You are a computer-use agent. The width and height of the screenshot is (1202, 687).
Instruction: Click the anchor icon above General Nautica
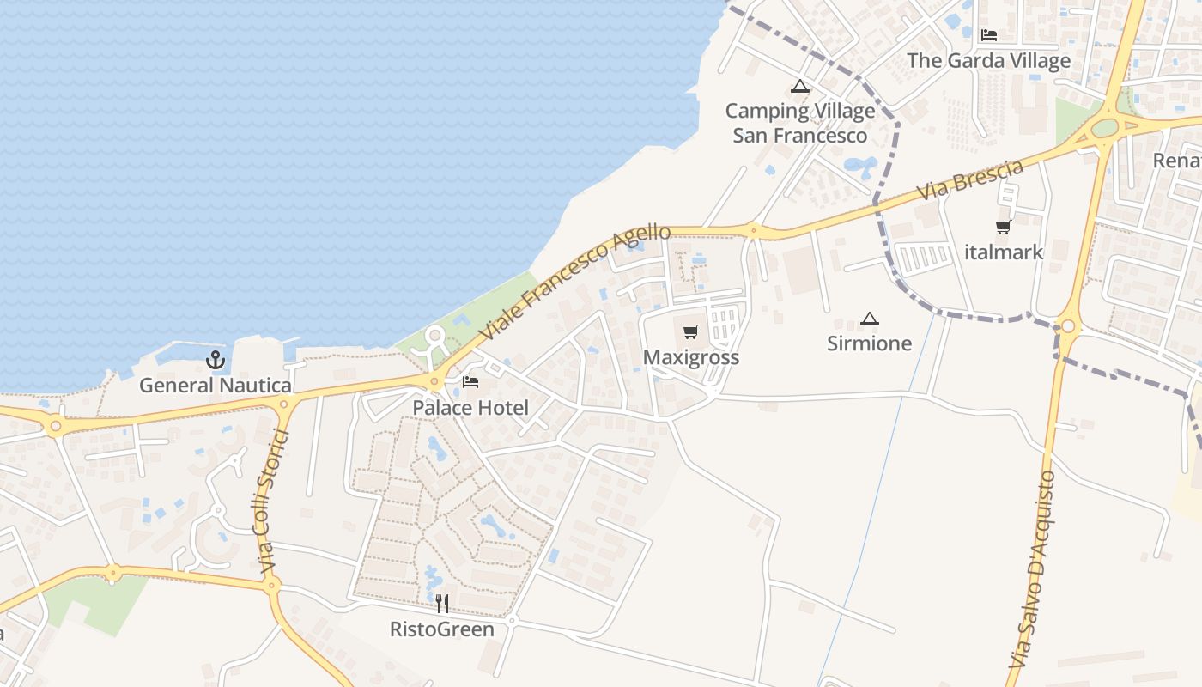pos(216,360)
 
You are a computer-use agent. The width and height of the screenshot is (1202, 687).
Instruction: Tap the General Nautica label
pos(216,386)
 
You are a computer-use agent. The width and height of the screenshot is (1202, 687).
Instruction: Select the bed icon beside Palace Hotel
pos(470,382)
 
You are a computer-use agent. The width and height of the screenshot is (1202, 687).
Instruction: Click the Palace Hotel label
pos(470,407)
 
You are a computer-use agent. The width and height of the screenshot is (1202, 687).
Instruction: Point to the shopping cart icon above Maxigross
pos(691,332)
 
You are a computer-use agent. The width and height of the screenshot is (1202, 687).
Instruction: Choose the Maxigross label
pos(691,357)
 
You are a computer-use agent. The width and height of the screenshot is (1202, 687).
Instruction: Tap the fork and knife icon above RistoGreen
pos(442,604)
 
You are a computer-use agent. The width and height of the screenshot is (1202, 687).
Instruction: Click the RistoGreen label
pos(442,629)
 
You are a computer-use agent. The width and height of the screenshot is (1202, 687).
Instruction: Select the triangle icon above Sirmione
pos(870,319)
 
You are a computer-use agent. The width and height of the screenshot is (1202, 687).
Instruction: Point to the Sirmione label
pos(870,343)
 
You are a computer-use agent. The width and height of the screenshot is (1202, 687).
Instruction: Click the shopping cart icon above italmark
pos(1003,228)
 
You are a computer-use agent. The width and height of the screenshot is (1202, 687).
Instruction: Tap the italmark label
pos(1004,252)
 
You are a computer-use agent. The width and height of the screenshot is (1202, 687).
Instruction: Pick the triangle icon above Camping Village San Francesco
pos(800,86)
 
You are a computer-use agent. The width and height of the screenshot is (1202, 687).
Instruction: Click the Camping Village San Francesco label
pos(800,123)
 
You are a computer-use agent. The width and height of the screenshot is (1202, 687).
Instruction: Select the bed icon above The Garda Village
pos(989,35)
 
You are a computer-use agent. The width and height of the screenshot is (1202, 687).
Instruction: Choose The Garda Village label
pos(989,61)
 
